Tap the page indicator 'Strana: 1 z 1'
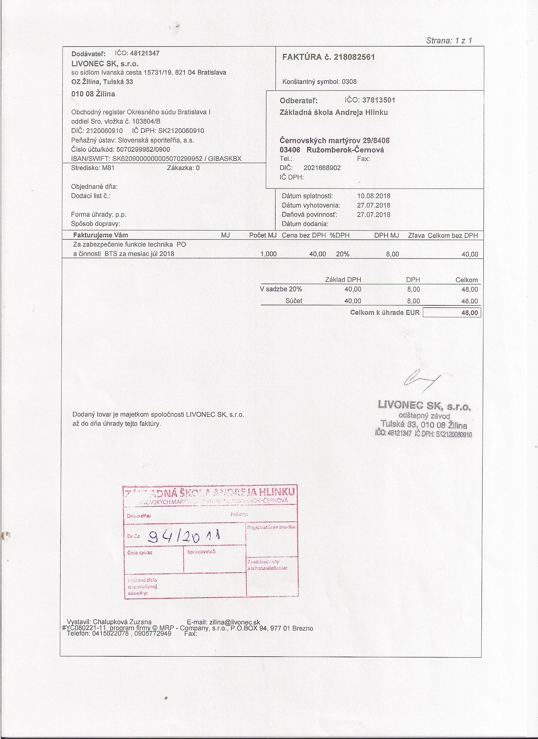pos(449,41)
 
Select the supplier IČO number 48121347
pos(145,54)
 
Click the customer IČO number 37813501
pos(378,100)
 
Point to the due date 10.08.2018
pos(374,196)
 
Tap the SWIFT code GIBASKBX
pos(225,159)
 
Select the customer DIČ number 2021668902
pos(322,168)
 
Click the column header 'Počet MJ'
pos(263,235)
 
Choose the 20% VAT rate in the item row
pos(343,254)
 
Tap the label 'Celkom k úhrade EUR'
pos(385,312)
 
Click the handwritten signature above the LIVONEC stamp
pos(421,379)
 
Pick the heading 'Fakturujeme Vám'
pos(101,235)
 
